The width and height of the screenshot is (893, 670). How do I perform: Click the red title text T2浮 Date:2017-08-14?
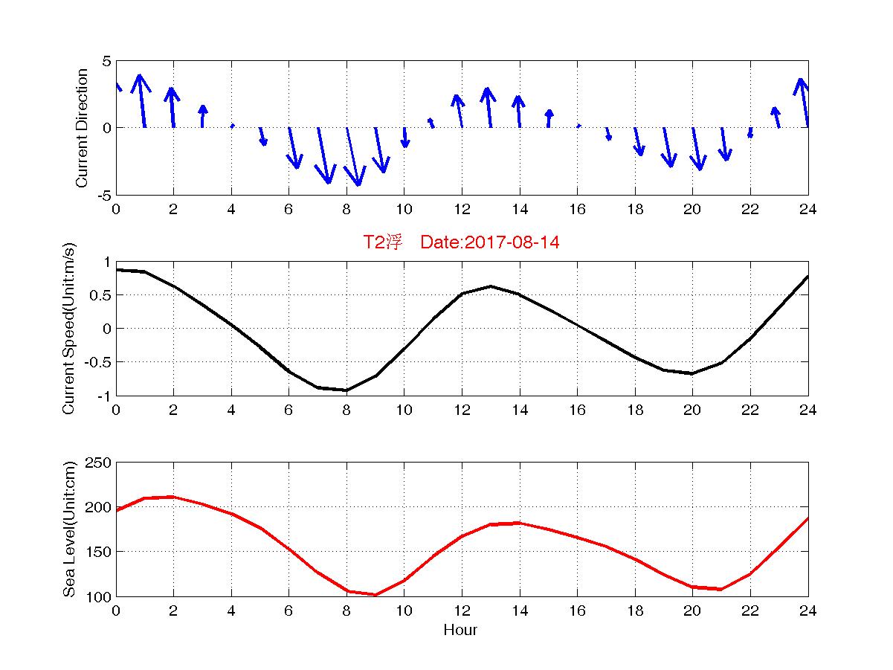click(x=460, y=243)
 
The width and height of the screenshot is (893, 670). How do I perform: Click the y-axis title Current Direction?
click(x=83, y=128)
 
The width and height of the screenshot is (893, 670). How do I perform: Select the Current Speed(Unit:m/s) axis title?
click(x=70, y=329)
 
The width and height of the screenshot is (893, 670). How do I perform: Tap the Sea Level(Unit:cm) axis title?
click(x=70, y=529)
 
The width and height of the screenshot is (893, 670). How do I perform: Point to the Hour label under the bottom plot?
click(x=460, y=631)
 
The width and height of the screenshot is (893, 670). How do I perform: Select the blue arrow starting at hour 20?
click(x=696, y=149)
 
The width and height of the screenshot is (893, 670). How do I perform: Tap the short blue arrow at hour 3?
click(x=203, y=116)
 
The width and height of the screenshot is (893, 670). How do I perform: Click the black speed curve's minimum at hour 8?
click(x=346, y=390)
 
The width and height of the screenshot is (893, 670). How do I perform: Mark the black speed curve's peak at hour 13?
click(x=491, y=286)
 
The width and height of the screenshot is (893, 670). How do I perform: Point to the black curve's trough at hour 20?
click(x=692, y=373)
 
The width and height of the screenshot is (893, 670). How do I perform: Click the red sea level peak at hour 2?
click(x=173, y=497)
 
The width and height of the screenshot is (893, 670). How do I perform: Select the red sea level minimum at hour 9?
click(x=375, y=595)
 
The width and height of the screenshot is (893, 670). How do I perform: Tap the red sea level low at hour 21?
click(x=721, y=590)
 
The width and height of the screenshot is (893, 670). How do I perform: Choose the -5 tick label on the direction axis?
click(x=103, y=196)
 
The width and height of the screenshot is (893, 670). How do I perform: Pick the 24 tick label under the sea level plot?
click(x=807, y=611)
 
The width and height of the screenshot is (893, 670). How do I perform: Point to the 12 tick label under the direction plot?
click(x=462, y=210)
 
